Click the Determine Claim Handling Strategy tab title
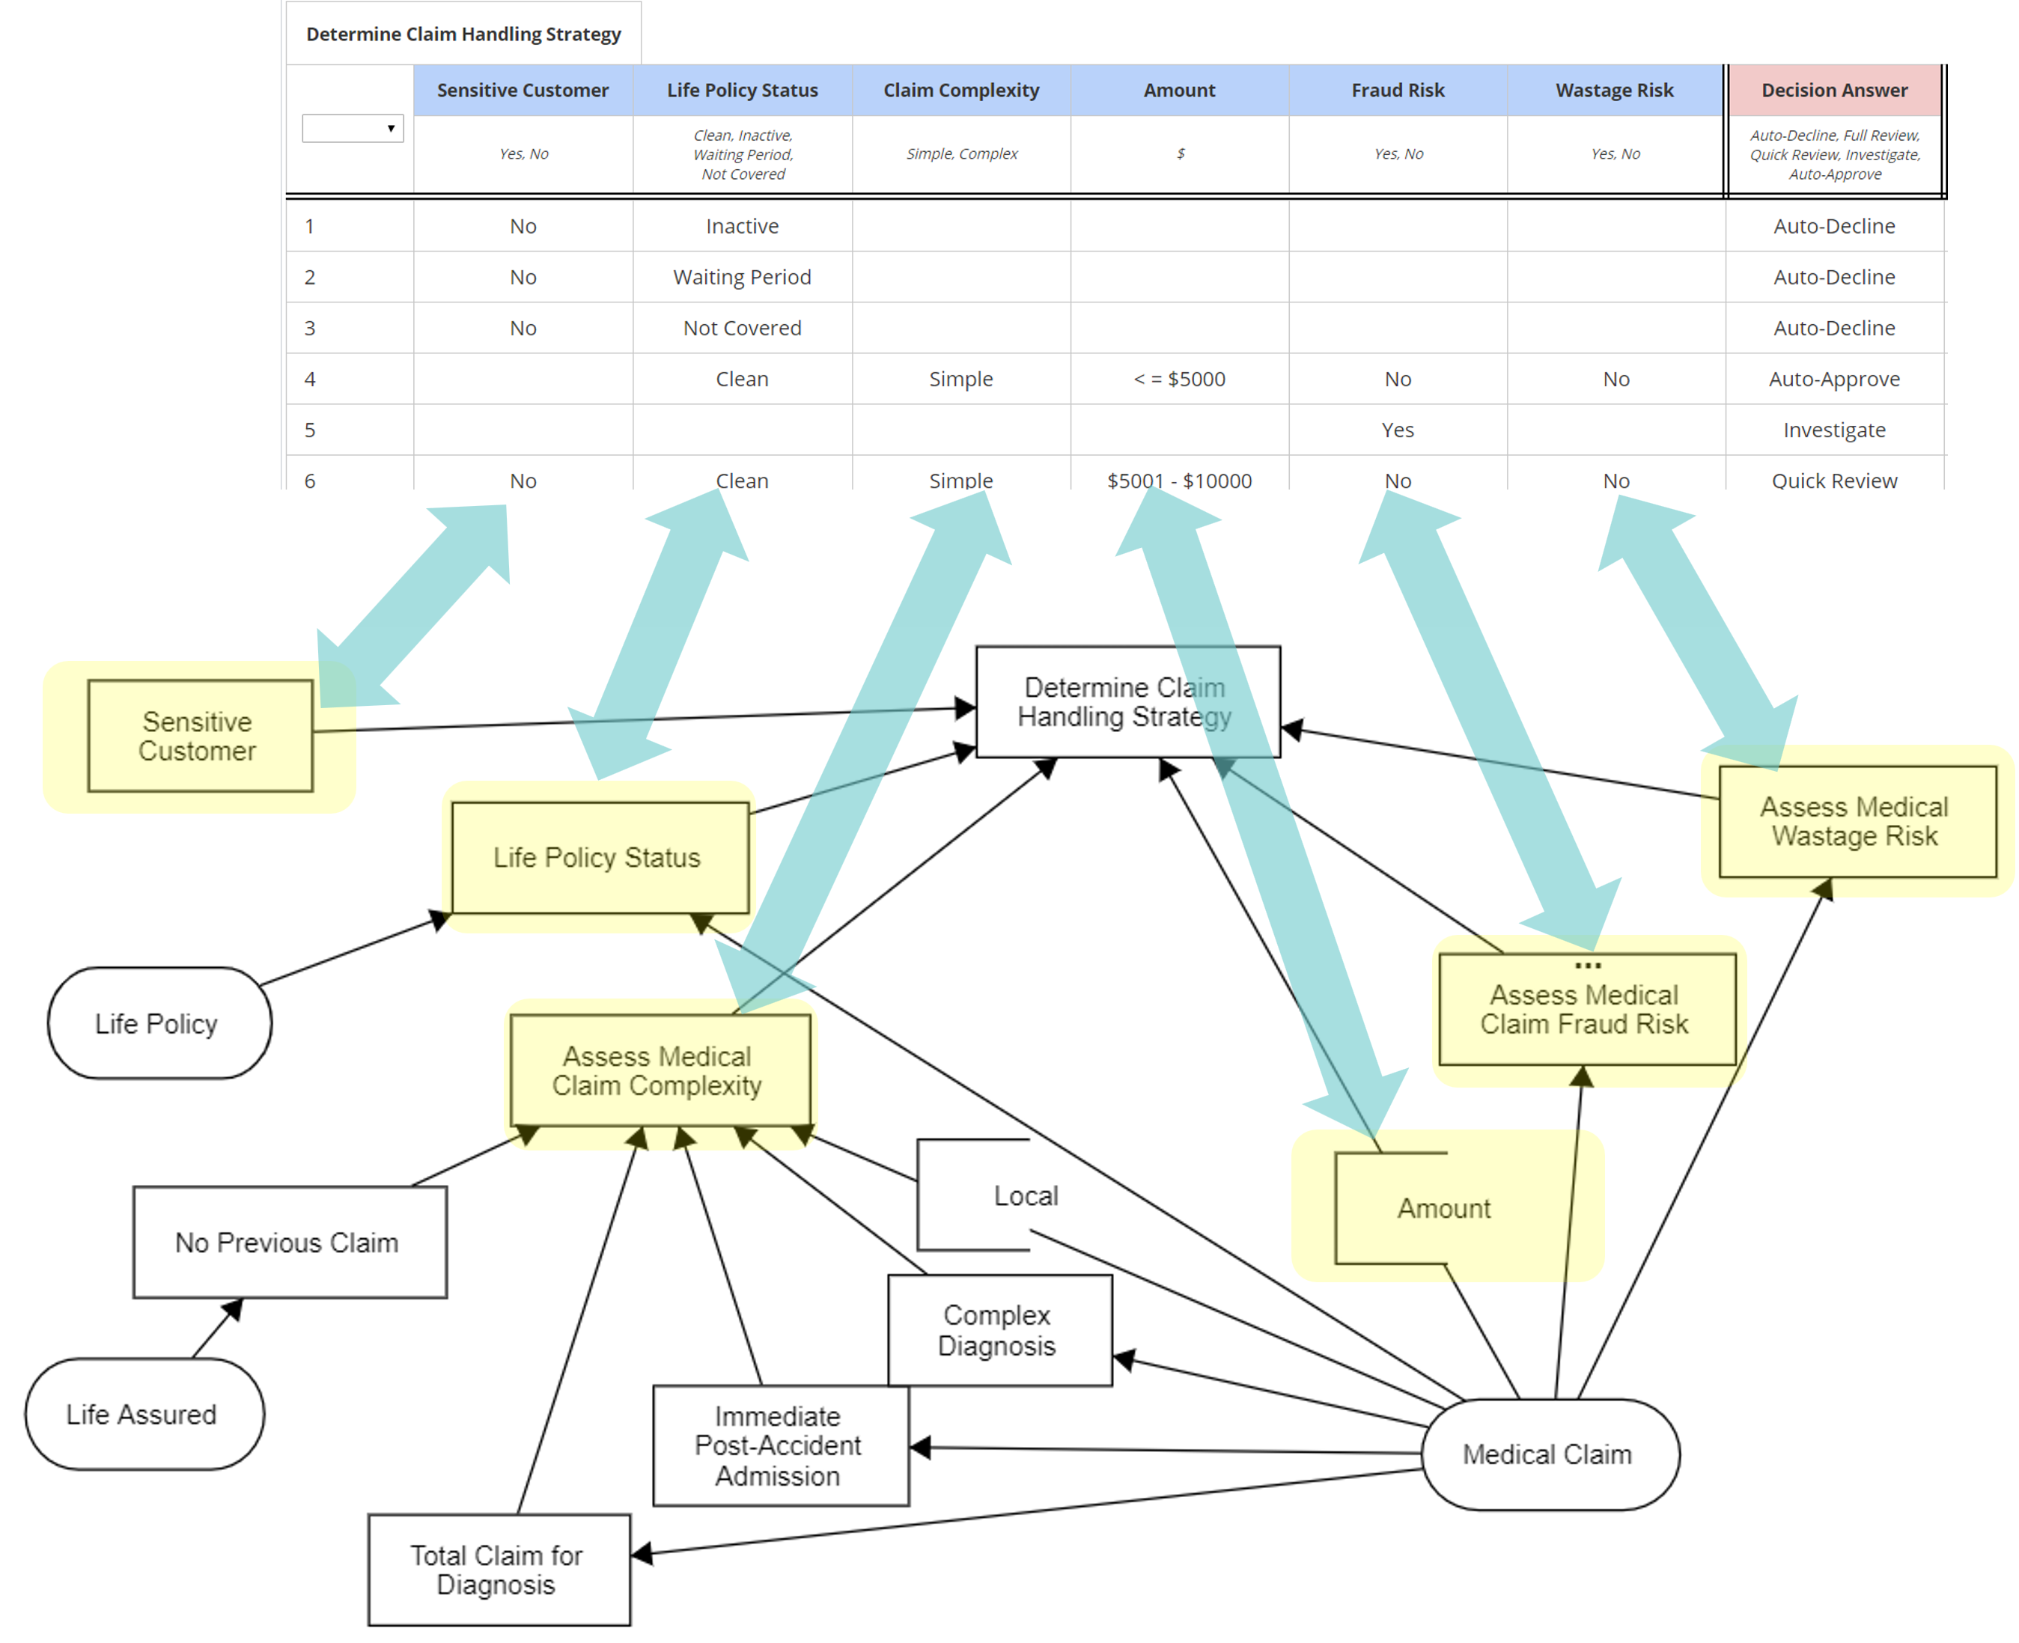pos(463,34)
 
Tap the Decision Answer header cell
pos(1833,90)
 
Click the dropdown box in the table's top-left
pos(352,128)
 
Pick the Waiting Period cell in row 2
pos(741,277)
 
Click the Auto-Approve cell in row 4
pos(1833,379)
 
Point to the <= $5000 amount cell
pos(1178,379)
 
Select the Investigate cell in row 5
pos(1833,430)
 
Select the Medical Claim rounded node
pos(1549,1454)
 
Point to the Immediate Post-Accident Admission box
pos(779,1445)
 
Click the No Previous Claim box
pos(289,1242)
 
